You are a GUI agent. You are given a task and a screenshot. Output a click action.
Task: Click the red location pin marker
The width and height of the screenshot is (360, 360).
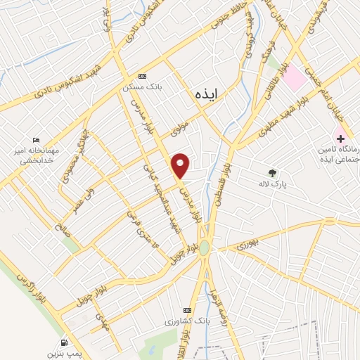click(x=181, y=164)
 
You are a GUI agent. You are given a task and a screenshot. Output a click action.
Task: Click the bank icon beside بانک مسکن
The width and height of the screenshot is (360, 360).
click(x=143, y=76)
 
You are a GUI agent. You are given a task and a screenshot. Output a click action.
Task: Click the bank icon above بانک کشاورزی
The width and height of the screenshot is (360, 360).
click(x=187, y=310)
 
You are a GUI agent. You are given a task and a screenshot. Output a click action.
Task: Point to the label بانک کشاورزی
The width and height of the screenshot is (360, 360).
click(x=186, y=321)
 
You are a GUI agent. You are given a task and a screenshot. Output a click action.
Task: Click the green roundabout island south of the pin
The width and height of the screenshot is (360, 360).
click(x=204, y=248)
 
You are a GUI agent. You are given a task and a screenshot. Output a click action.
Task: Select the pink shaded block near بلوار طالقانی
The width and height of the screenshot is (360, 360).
click(x=295, y=78)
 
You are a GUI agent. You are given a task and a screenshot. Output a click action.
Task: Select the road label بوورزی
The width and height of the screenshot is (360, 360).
click(x=246, y=243)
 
